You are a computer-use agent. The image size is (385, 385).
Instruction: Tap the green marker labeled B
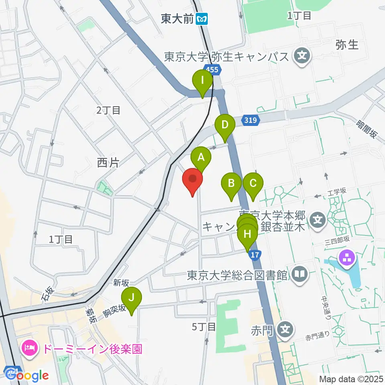coord(231,184)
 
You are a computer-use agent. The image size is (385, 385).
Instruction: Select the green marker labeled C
coord(253,184)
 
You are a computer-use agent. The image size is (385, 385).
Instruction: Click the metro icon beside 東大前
coord(202,19)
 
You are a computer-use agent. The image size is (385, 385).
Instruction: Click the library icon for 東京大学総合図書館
coord(300,275)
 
